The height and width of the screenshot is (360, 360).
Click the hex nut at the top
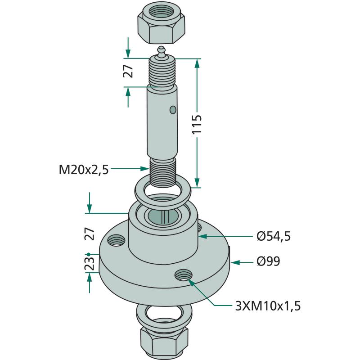(x=162, y=24)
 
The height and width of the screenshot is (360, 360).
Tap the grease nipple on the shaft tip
(x=162, y=53)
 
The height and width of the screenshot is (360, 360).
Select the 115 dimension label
(x=197, y=124)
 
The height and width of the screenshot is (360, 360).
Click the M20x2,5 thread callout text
(x=84, y=170)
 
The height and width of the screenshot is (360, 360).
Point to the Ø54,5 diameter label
(x=274, y=236)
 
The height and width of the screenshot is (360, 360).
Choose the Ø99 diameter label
(x=268, y=261)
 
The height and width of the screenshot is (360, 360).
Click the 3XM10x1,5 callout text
(x=268, y=306)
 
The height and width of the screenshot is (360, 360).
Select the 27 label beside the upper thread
(x=128, y=71)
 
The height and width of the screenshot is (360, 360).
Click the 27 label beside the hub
(x=90, y=234)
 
